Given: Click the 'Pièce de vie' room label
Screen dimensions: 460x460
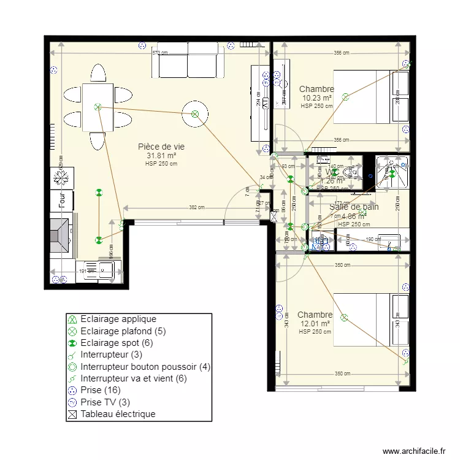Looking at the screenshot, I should pyautogui.click(x=161, y=147).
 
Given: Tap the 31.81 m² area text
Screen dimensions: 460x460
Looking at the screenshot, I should pyautogui.click(x=161, y=155).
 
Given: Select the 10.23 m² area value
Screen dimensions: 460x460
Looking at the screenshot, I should pyautogui.click(x=316, y=98).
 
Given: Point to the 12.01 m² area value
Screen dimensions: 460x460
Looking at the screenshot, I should pyautogui.click(x=315, y=323).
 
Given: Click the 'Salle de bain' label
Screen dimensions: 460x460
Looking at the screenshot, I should pyautogui.click(x=354, y=207).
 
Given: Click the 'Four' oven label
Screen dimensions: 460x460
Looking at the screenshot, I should pyautogui.click(x=62, y=200).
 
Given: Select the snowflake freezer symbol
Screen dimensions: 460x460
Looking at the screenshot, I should pyautogui.click(x=61, y=178).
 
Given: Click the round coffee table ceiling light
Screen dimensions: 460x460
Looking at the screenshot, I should pyautogui.click(x=194, y=113).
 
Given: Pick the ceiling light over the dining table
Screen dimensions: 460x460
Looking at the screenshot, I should pyautogui.click(x=98, y=107).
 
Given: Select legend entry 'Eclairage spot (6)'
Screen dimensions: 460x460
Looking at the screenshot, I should pyautogui.click(x=117, y=343).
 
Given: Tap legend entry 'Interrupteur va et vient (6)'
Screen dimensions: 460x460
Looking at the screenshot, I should pyautogui.click(x=134, y=378).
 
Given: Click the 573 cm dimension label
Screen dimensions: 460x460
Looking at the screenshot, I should pyautogui.click(x=159, y=53).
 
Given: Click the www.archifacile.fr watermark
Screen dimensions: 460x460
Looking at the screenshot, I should pyautogui.click(x=414, y=451).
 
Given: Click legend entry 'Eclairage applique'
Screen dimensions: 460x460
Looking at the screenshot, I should pyautogui.click(x=118, y=319).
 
